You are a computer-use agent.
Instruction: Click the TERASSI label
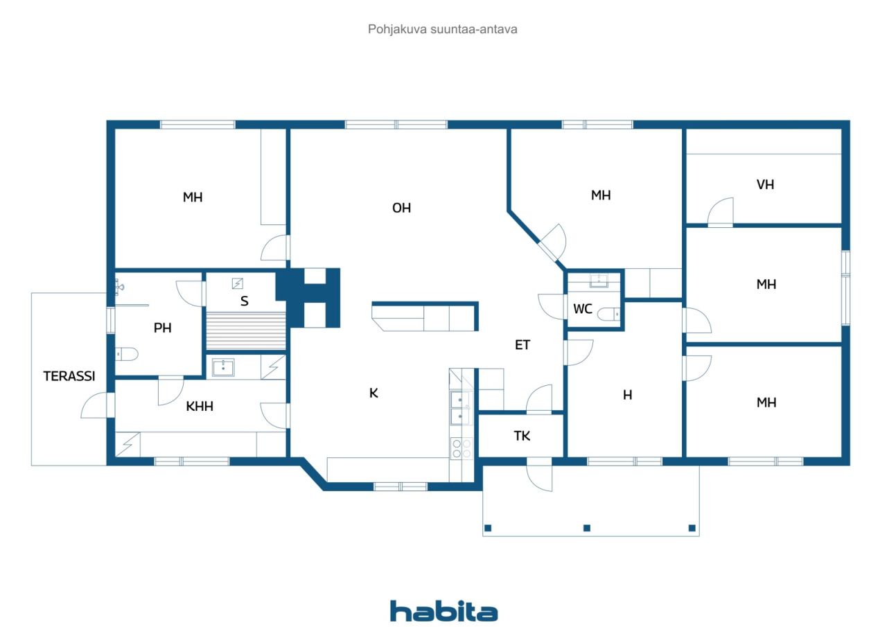coord(69,376)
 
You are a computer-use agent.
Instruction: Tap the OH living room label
coord(401,208)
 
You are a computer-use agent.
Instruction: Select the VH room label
coord(765,184)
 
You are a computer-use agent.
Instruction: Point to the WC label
coord(583,309)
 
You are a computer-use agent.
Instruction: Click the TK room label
coord(522,436)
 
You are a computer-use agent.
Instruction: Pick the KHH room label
coord(200,406)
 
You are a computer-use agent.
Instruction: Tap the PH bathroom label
coord(162,328)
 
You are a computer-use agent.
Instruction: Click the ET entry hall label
coord(522,345)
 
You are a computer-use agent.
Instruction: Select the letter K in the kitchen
coord(374,393)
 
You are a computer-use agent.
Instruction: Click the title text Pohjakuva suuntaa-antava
coord(442,29)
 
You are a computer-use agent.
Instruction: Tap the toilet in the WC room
coord(608,315)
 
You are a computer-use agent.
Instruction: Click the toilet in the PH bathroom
coord(127,354)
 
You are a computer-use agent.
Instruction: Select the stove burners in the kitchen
coord(462,448)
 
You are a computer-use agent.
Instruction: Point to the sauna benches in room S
coord(246,331)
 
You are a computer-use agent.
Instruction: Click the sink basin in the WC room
coord(599,281)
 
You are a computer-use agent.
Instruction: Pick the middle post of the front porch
coord(587,528)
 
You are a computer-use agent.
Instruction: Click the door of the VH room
coord(720,212)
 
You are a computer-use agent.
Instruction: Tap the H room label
coord(627,395)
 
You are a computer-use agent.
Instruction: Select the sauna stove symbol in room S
coord(237,283)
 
